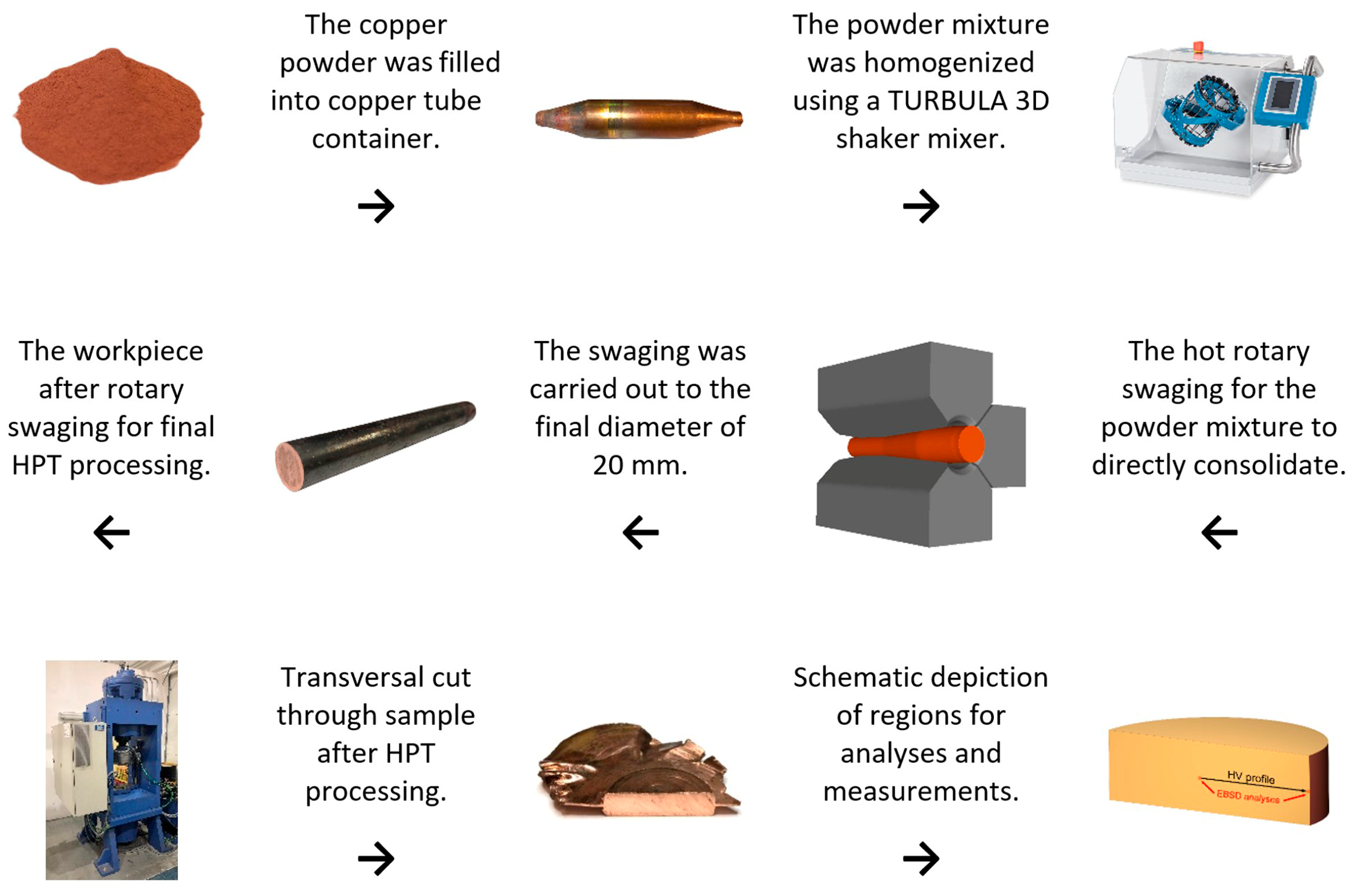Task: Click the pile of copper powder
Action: point(108,117)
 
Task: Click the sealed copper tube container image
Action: point(639,119)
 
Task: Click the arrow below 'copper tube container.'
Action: point(376,206)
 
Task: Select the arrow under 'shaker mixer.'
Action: point(921,206)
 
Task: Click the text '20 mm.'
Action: point(640,465)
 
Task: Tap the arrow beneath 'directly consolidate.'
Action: point(1219,533)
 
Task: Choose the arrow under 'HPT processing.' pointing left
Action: point(112,533)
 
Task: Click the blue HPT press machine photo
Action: point(112,770)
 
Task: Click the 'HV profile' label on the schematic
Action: point(1251,777)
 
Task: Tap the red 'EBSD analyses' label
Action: point(1247,797)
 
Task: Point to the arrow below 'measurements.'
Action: point(921,858)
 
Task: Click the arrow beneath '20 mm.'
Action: point(641,533)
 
